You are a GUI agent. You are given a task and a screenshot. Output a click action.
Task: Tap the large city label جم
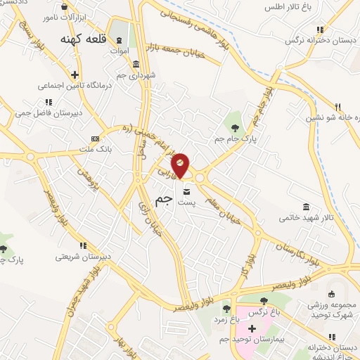(163, 200)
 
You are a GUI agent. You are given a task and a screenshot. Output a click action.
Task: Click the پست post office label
(186, 202)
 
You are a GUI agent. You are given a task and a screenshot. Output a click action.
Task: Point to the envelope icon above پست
(186, 191)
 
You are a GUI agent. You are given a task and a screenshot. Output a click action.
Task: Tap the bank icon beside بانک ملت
(95, 139)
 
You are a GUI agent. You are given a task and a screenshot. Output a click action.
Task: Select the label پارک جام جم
(233, 138)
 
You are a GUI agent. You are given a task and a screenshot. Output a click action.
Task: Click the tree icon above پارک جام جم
(235, 127)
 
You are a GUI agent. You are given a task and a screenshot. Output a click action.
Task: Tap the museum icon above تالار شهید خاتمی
(306, 207)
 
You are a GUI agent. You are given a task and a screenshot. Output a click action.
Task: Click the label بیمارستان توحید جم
(262, 340)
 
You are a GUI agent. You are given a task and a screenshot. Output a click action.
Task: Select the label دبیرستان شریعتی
(84, 257)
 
